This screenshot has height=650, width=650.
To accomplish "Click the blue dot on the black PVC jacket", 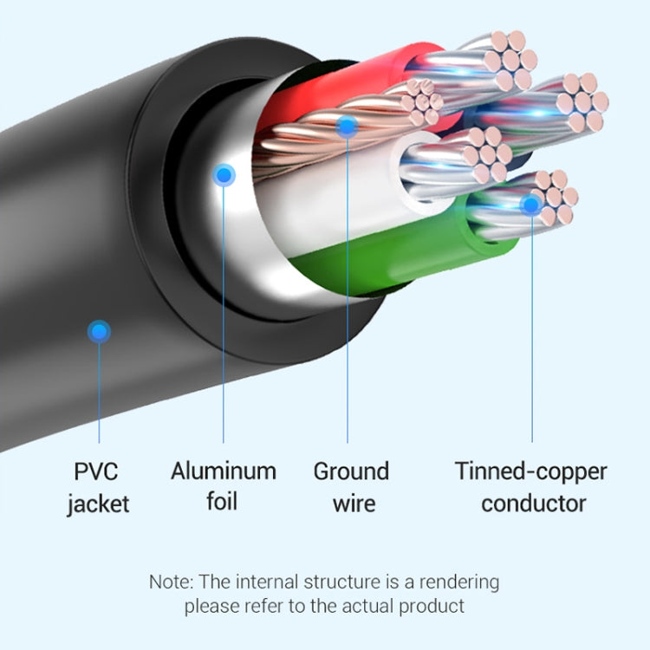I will pyautogui.click(x=100, y=330).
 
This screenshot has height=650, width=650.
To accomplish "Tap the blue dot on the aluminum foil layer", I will pyautogui.click(x=224, y=176).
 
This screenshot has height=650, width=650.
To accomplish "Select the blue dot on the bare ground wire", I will pyautogui.click(x=347, y=127).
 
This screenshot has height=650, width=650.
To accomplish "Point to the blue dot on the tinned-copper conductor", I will pyautogui.click(x=530, y=205).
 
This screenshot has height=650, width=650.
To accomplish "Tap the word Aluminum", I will pyautogui.click(x=223, y=471).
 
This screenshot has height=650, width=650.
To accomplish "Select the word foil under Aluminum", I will pyautogui.click(x=222, y=502).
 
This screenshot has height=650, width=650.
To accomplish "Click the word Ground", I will pyautogui.click(x=351, y=472).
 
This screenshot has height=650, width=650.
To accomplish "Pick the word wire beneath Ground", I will pyautogui.click(x=351, y=504).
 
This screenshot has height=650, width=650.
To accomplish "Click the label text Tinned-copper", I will pyautogui.click(x=530, y=472).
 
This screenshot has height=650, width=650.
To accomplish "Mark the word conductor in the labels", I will pyautogui.click(x=533, y=504).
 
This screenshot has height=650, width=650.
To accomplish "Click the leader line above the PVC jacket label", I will pyautogui.click(x=100, y=390).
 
